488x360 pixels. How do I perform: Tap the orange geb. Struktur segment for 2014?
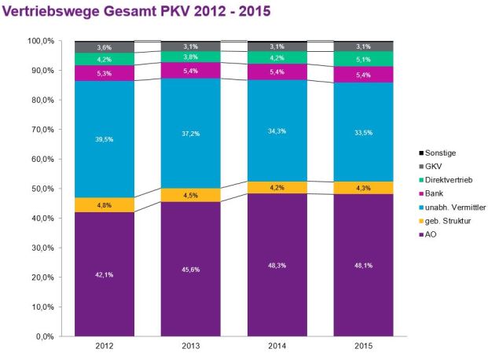coord(277,187)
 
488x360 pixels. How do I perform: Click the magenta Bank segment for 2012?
coord(105,73)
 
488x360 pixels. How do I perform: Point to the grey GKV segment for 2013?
coord(191,46)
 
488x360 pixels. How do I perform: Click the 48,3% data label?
coord(277,266)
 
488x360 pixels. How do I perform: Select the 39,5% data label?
coord(105,139)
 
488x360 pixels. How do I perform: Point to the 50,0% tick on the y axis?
coord(40,189)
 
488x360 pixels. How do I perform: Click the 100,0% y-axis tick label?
coord(39,41)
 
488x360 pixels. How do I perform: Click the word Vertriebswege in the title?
coord(45,13)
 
